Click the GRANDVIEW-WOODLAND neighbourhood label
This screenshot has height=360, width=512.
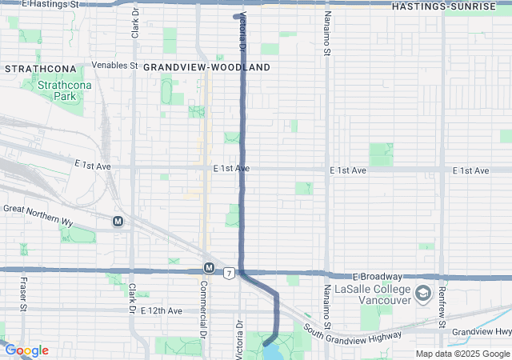[207, 68]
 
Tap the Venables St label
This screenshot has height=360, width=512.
[115, 65]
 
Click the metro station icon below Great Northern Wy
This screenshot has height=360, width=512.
[118, 222]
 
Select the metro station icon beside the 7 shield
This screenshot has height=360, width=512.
[209, 267]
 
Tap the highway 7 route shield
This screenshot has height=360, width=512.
[229, 274]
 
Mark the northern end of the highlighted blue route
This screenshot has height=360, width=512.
[236, 16]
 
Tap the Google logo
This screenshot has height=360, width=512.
[26, 350]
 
